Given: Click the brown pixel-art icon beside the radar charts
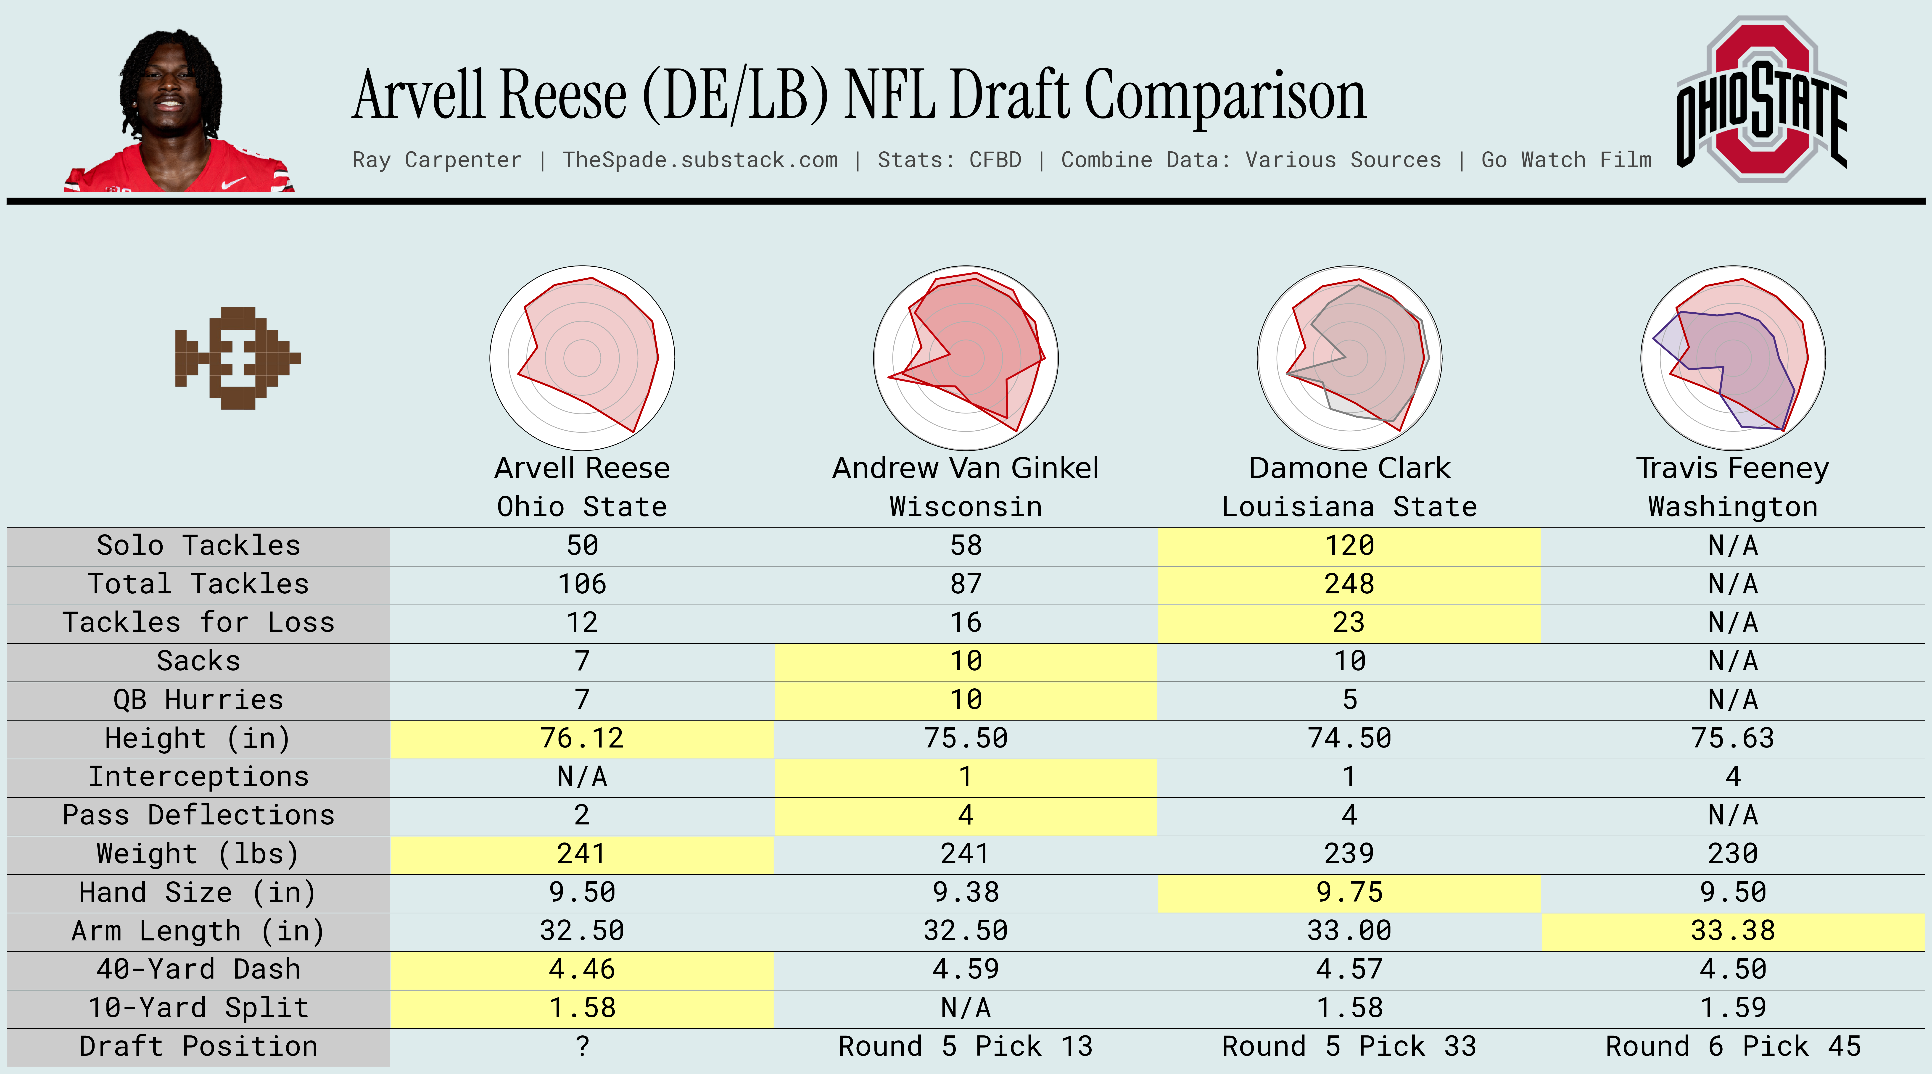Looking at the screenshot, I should coord(237,358).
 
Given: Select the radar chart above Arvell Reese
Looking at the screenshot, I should coord(582,358).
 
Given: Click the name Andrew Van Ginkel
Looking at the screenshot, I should coord(965,468).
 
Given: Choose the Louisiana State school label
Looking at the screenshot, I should coord(1349,507).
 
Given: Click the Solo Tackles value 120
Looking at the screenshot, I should coord(1349,545).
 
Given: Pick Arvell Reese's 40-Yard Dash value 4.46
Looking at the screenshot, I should coord(582,969).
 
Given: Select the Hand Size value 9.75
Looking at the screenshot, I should coord(1349,892).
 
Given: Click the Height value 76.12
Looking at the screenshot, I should coord(582,738).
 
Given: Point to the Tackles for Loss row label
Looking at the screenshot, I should coord(198,622).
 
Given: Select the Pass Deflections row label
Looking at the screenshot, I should coord(198,815).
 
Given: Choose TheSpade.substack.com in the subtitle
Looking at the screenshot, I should coord(700,160).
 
